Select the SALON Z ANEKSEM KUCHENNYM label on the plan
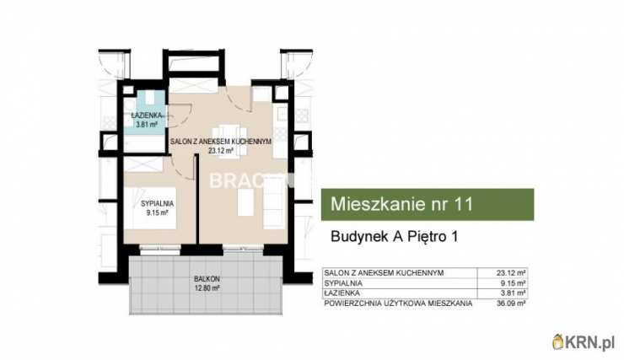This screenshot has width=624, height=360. click(220, 142)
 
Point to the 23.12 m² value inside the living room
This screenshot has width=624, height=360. click(220, 152)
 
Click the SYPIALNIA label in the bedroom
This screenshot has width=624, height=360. click(158, 203)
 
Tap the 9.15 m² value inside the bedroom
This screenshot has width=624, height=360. click(158, 213)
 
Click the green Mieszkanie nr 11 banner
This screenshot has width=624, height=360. click(428, 204)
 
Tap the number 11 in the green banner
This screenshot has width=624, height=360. click(465, 204)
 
